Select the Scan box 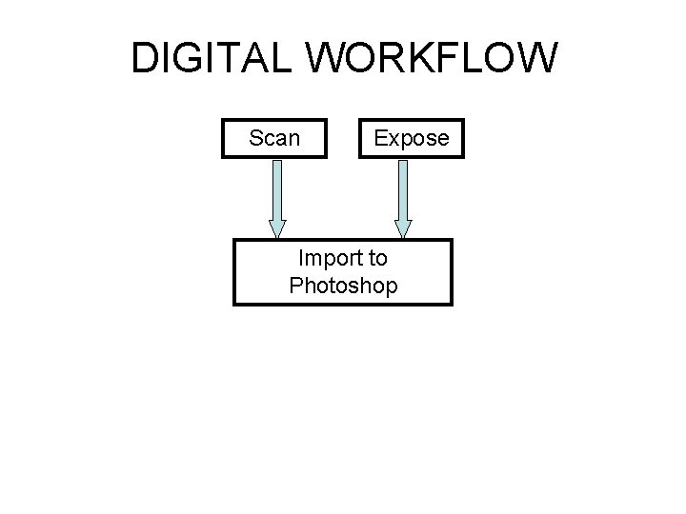[x=274, y=138]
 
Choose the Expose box [x=411, y=138]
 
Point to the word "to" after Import [x=376, y=258]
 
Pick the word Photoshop [x=343, y=285]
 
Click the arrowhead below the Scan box [x=277, y=228]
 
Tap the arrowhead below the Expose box [x=403, y=228]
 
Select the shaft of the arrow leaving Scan [x=277, y=189]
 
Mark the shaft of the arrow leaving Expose [x=403, y=189]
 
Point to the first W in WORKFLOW [x=335, y=59]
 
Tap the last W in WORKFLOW [x=535, y=59]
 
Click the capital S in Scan [x=255, y=138]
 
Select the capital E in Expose [x=380, y=138]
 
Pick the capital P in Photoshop [x=295, y=285]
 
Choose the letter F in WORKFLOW [x=447, y=59]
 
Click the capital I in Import [x=301, y=258]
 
